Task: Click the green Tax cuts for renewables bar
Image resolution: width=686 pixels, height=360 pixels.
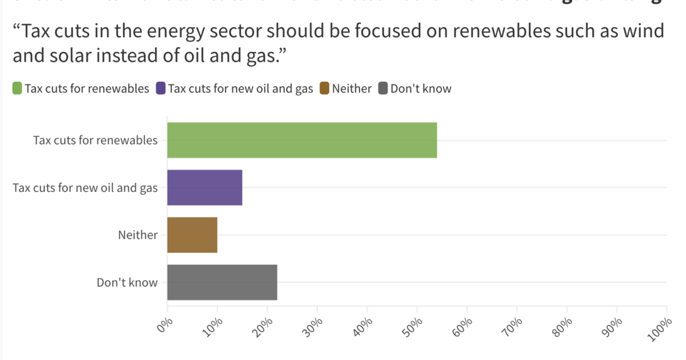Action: pos(302,140)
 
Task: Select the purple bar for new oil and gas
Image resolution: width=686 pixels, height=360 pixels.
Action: pos(205,187)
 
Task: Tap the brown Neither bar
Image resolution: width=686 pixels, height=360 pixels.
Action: pos(192,235)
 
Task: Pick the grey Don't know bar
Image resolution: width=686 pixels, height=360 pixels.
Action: pos(222,282)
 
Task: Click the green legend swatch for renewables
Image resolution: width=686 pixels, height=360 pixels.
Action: pos(17,89)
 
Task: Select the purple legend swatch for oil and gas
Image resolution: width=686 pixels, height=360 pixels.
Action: pos(161,89)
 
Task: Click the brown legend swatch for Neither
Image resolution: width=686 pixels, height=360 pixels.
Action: pos(324,89)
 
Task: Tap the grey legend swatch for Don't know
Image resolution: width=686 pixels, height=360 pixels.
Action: pos(382,89)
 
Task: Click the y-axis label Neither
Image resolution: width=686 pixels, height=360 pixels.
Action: pos(138,235)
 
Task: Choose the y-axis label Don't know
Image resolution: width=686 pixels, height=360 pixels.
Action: pos(127,282)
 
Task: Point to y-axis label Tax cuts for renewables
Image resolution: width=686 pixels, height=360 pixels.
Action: pos(95,140)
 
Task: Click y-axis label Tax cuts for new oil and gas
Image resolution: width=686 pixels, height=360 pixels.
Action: pos(85,187)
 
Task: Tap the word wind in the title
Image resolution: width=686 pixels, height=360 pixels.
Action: pos(643,30)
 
